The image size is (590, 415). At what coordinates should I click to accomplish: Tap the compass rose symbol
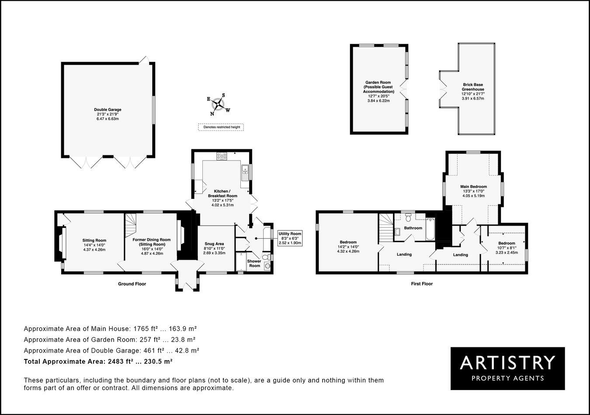coord(218,105)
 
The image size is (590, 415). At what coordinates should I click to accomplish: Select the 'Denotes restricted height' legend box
coord(221,127)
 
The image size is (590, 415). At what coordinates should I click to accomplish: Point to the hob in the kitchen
coord(222,155)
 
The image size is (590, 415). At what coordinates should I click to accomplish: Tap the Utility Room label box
coord(290,238)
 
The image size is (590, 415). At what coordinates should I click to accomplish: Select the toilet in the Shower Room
coord(267,264)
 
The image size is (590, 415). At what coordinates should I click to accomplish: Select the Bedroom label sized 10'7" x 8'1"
coord(507,247)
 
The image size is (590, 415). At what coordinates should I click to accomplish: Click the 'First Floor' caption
coord(421,284)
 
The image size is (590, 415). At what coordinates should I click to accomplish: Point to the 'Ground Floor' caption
coord(132,284)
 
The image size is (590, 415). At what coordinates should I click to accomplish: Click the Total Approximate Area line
coord(98,361)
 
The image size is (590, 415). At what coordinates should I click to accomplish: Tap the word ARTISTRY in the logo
coord(507,362)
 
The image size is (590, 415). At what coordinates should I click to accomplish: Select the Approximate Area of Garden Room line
coord(109,339)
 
